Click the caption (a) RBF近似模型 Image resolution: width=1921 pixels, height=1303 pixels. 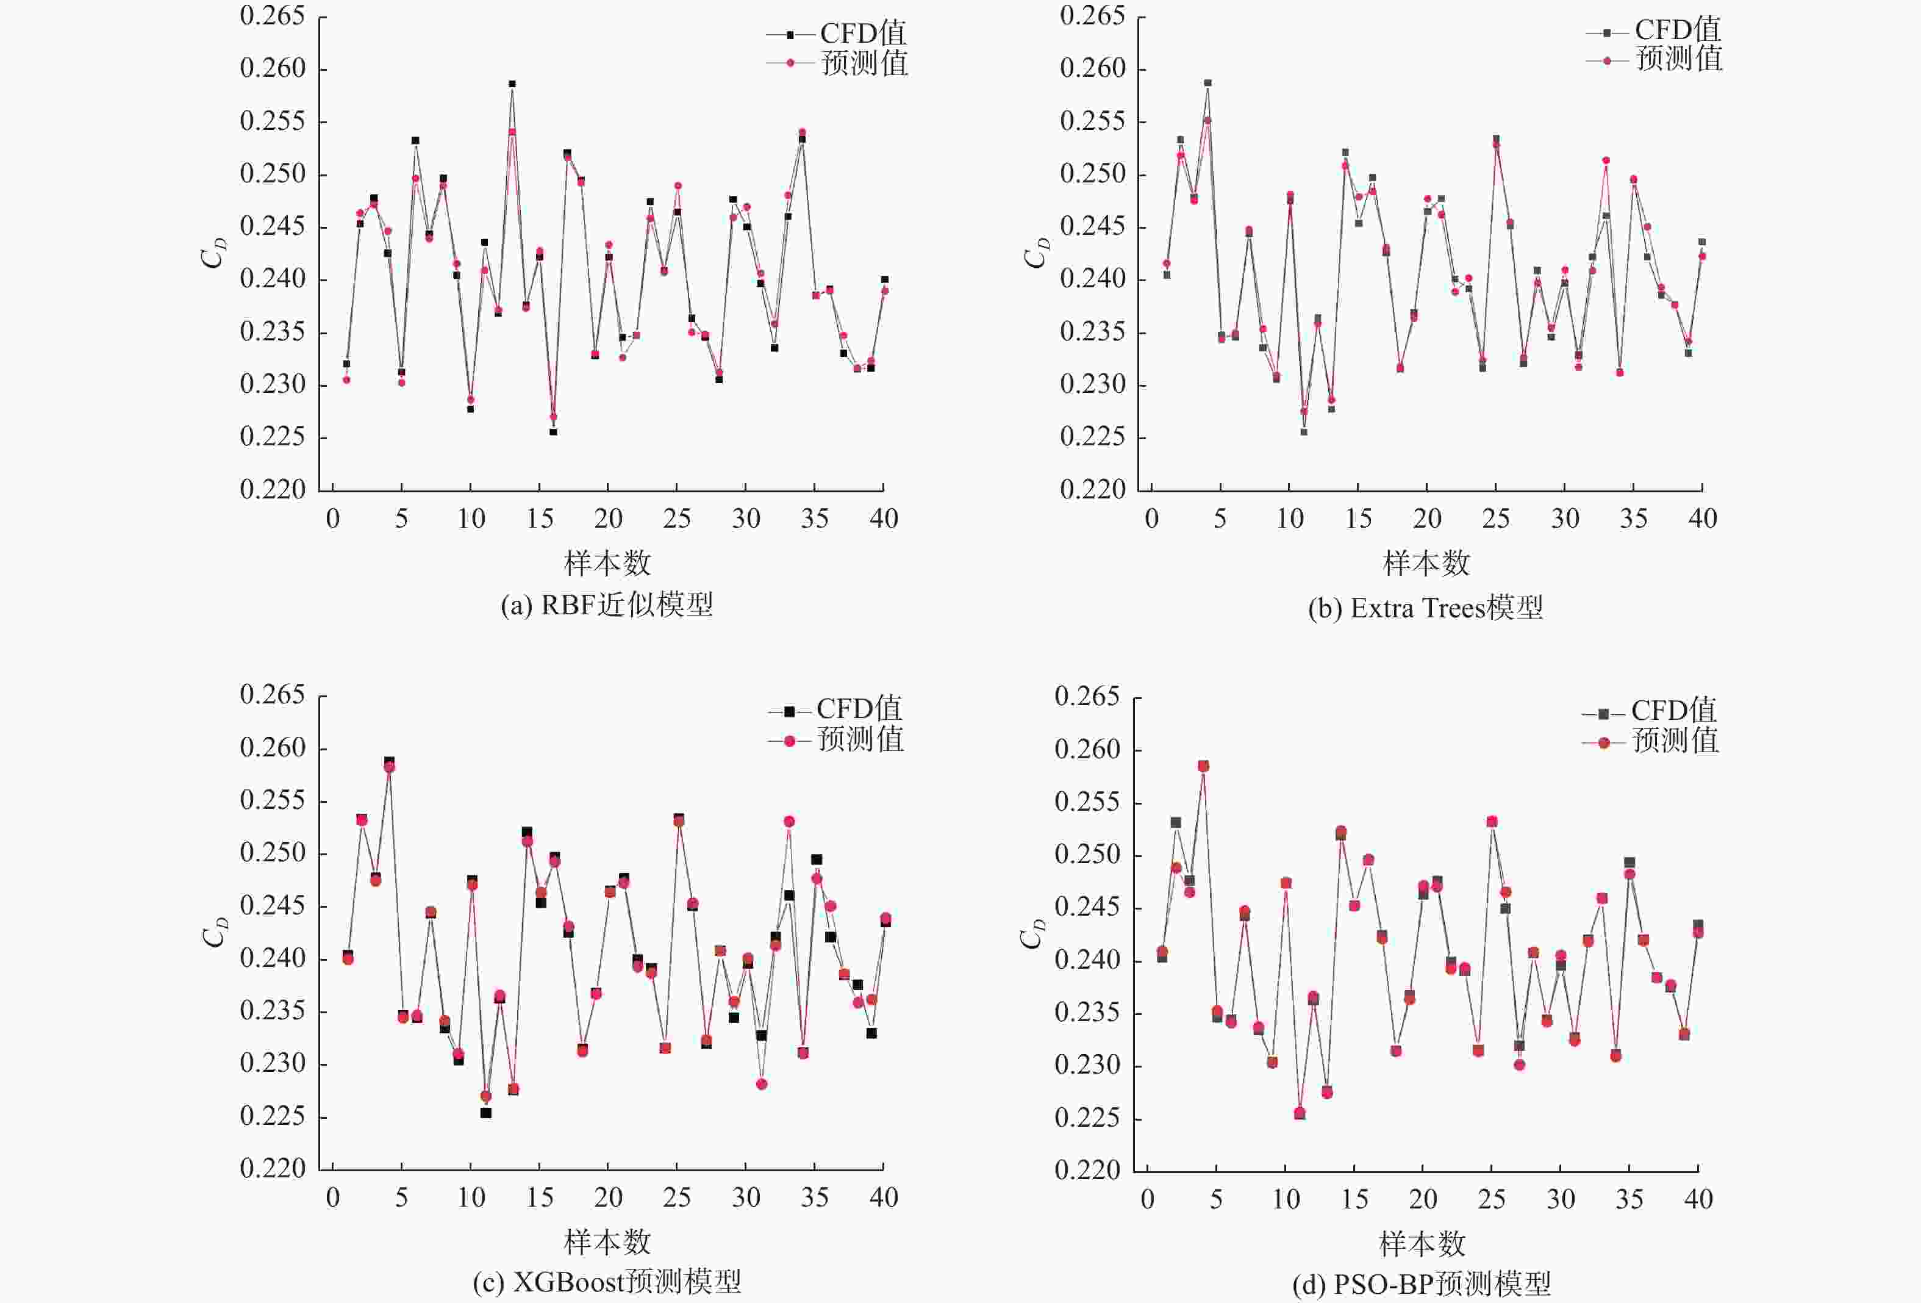click(x=607, y=606)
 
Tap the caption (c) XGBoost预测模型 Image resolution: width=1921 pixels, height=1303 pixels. click(x=607, y=1282)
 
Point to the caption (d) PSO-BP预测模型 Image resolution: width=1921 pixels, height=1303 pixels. click(x=1422, y=1284)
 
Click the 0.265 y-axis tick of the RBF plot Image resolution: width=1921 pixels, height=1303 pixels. click(x=273, y=16)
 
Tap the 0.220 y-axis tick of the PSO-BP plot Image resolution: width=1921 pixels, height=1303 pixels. click(x=1088, y=1170)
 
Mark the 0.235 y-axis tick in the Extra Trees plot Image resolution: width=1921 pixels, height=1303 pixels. click(x=1093, y=332)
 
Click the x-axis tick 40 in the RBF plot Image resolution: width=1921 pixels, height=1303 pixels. click(x=884, y=519)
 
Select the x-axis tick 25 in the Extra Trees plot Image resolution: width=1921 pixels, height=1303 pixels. click(x=1495, y=519)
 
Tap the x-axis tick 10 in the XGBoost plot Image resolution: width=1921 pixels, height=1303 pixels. click(x=471, y=1198)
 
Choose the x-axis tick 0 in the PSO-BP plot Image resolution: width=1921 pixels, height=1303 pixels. click(x=1147, y=1200)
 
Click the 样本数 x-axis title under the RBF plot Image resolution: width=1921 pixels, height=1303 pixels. click(x=607, y=564)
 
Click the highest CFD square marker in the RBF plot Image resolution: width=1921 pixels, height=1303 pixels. click(x=512, y=84)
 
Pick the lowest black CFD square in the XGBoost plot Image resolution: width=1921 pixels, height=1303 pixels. click(x=486, y=1113)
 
